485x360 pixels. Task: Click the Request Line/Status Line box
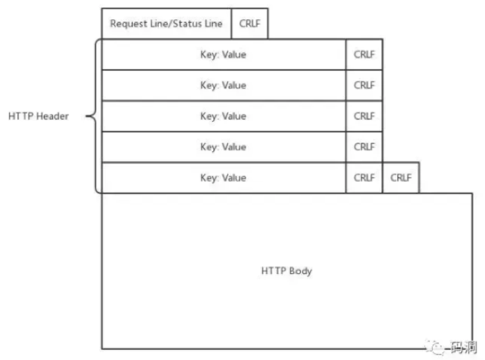[x=167, y=24]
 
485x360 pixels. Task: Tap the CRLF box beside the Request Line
[x=249, y=24]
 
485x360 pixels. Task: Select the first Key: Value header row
[x=223, y=54]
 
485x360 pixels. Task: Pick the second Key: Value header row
[x=223, y=85]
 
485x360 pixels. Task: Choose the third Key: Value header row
[x=223, y=116]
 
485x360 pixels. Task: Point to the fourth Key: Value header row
[x=223, y=147]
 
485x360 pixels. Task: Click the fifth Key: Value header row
[x=223, y=178]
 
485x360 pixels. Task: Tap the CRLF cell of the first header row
[x=365, y=54]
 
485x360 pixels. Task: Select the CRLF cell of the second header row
[x=365, y=85]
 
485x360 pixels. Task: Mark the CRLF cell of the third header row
[x=365, y=116]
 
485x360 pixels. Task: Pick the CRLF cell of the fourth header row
[x=365, y=147]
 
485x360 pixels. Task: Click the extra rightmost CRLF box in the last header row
[x=401, y=178]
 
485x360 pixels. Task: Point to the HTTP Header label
[x=38, y=116]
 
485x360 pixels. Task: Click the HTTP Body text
[x=287, y=271]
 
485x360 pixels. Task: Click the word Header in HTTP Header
[x=53, y=116]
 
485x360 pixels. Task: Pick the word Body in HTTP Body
[x=300, y=271]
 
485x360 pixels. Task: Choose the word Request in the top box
[x=129, y=24]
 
